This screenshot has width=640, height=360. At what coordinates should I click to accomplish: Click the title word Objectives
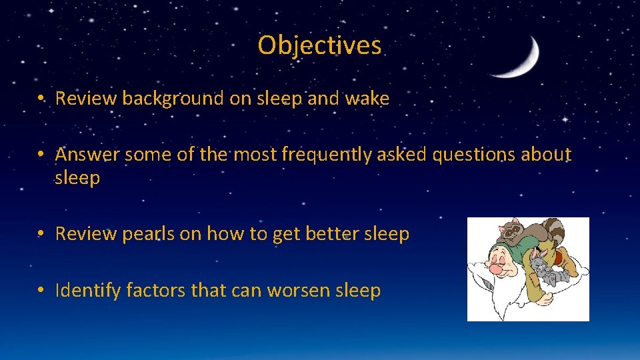pyautogui.click(x=319, y=45)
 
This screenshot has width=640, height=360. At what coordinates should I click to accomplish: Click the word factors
pyautogui.click(x=154, y=291)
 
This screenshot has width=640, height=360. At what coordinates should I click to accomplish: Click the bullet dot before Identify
pyautogui.click(x=41, y=291)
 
